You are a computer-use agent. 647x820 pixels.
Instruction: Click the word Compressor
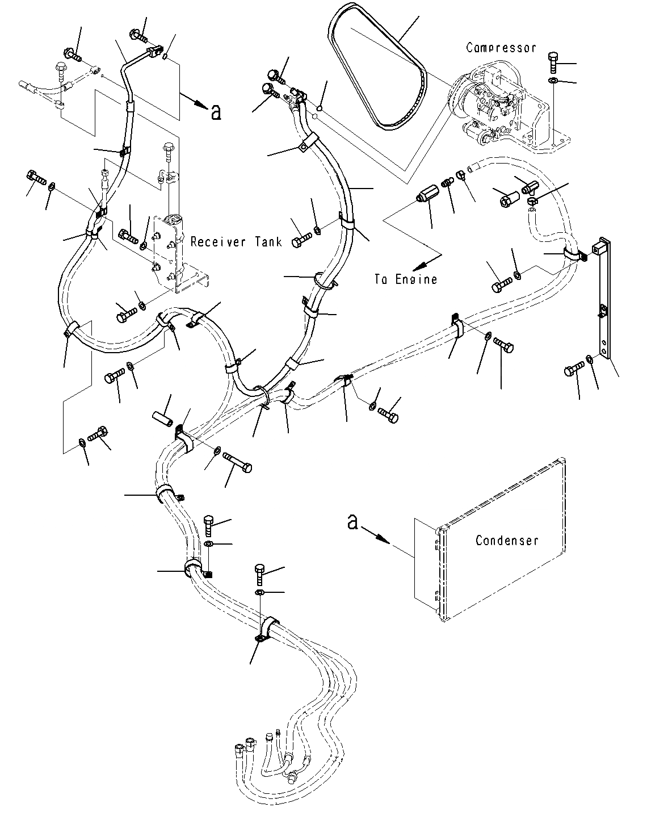tap(501, 48)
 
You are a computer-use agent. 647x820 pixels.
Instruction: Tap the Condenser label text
tap(506, 540)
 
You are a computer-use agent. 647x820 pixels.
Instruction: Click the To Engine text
tap(406, 279)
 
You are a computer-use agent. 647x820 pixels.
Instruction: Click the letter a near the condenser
tap(352, 521)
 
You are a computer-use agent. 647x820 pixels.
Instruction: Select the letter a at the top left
tap(215, 112)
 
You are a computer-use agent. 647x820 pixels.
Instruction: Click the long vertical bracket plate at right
tap(605, 301)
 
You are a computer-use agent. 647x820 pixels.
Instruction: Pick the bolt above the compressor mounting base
tap(554, 61)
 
